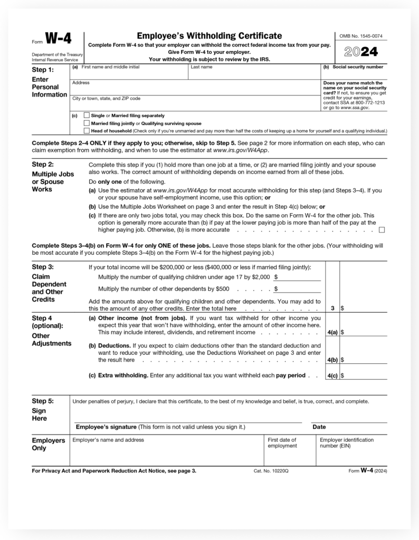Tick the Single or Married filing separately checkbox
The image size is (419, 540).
point(87,115)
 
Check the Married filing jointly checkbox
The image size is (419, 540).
point(87,123)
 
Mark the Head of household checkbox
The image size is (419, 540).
point(87,131)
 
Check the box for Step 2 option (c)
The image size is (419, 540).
point(382,230)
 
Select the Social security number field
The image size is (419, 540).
point(354,74)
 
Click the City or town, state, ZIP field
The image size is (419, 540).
point(195,104)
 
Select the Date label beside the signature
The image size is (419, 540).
point(319,427)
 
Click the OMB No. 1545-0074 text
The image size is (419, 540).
point(361,36)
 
